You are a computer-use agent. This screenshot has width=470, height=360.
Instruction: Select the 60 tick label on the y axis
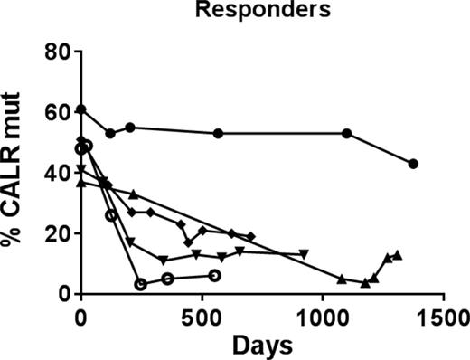pyautogui.click(x=59, y=112)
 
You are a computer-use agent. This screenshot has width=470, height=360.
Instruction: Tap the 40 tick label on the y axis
pyautogui.click(x=59, y=173)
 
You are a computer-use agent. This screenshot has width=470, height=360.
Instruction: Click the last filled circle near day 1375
pyautogui.click(x=413, y=164)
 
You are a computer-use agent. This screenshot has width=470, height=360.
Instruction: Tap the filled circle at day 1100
pyautogui.click(x=347, y=134)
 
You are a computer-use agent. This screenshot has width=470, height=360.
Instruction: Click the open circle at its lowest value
pyautogui.click(x=141, y=284)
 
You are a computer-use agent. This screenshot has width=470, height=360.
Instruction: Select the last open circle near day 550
pyautogui.click(x=213, y=275)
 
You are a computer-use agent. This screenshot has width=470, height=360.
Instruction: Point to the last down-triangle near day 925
pyautogui.click(x=305, y=253)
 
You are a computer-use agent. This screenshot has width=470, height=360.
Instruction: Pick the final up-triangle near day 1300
pyautogui.click(x=397, y=255)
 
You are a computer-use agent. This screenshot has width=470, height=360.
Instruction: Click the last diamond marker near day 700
pyautogui.click(x=250, y=236)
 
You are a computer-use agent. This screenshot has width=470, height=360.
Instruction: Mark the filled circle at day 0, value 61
pyautogui.click(x=81, y=109)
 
